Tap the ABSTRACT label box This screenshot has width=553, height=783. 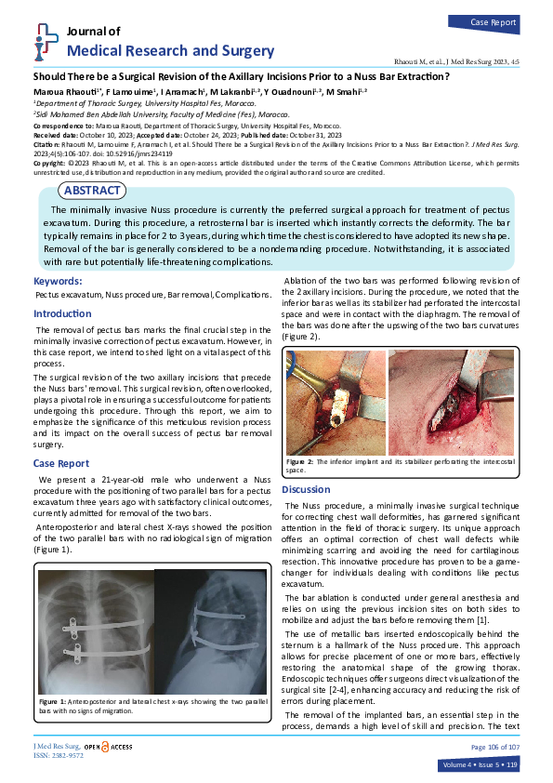[x=91, y=191]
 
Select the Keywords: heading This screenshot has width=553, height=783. [x=63, y=281]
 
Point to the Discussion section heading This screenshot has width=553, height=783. [x=306, y=489]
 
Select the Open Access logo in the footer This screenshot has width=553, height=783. [x=108, y=747]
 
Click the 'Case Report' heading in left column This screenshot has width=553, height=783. [x=62, y=462]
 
